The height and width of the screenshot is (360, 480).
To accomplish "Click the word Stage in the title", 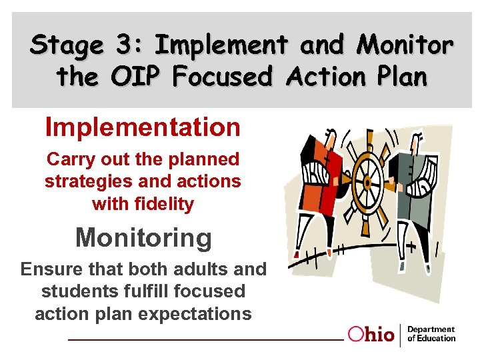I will pyautogui.click(x=67, y=47).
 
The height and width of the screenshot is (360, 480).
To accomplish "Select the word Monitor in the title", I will pyautogui.click(x=405, y=45).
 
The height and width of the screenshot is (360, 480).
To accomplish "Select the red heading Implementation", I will pyautogui.click(x=143, y=127).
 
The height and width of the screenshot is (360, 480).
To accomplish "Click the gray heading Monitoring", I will pyautogui.click(x=143, y=237).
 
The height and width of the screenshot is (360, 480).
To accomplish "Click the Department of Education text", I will pyautogui.click(x=431, y=334).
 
